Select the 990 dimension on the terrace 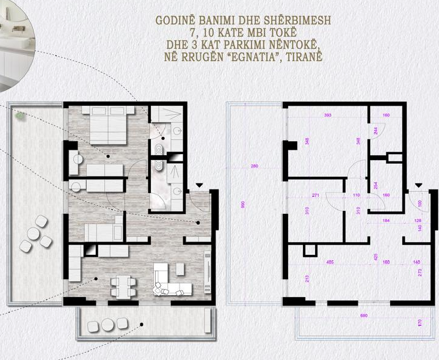pos(242,205)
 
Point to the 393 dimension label pos(327,115)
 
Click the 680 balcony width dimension pos(364,316)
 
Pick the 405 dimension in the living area pos(330,263)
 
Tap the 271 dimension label pos(316,196)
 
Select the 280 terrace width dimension pos(255,166)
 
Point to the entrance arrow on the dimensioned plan pos(419,186)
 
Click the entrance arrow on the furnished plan pos(200,185)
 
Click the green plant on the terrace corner pos(21,114)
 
